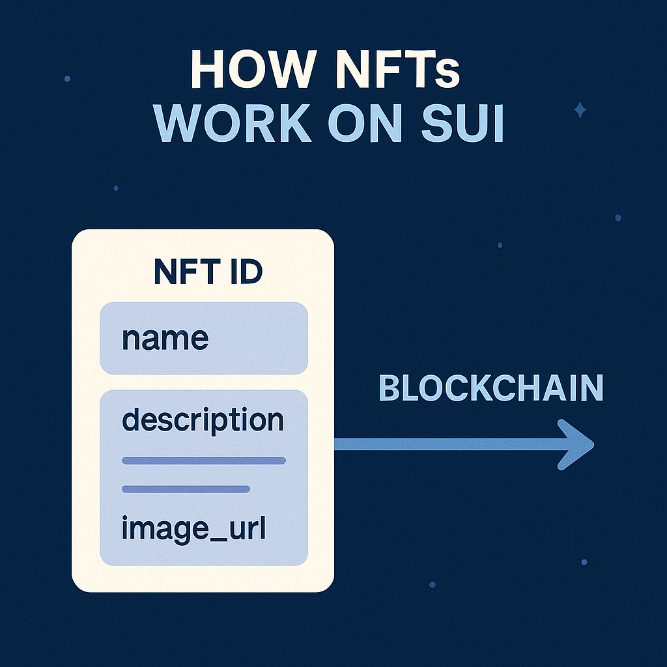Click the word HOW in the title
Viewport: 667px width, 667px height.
tap(253, 69)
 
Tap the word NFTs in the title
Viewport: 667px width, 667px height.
tap(397, 69)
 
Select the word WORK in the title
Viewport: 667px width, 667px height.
tap(233, 123)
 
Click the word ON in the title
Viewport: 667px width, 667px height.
tap(365, 123)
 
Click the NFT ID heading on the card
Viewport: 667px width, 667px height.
tap(208, 271)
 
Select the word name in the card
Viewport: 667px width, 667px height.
tap(165, 339)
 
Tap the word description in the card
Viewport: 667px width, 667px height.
tap(203, 421)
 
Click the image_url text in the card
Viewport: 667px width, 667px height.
tap(194, 529)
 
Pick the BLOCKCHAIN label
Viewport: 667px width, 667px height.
tap(491, 388)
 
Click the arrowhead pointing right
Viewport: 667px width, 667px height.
tap(576, 445)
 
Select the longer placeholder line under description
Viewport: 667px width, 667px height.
tap(204, 461)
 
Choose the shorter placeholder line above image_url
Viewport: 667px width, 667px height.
tap(186, 489)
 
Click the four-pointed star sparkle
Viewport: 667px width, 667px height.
tap(580, 109)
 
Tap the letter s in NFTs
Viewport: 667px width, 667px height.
tap(447, 75)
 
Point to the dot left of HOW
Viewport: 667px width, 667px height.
tap(67, 79)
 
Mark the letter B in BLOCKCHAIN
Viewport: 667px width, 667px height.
tap(388, 388)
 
